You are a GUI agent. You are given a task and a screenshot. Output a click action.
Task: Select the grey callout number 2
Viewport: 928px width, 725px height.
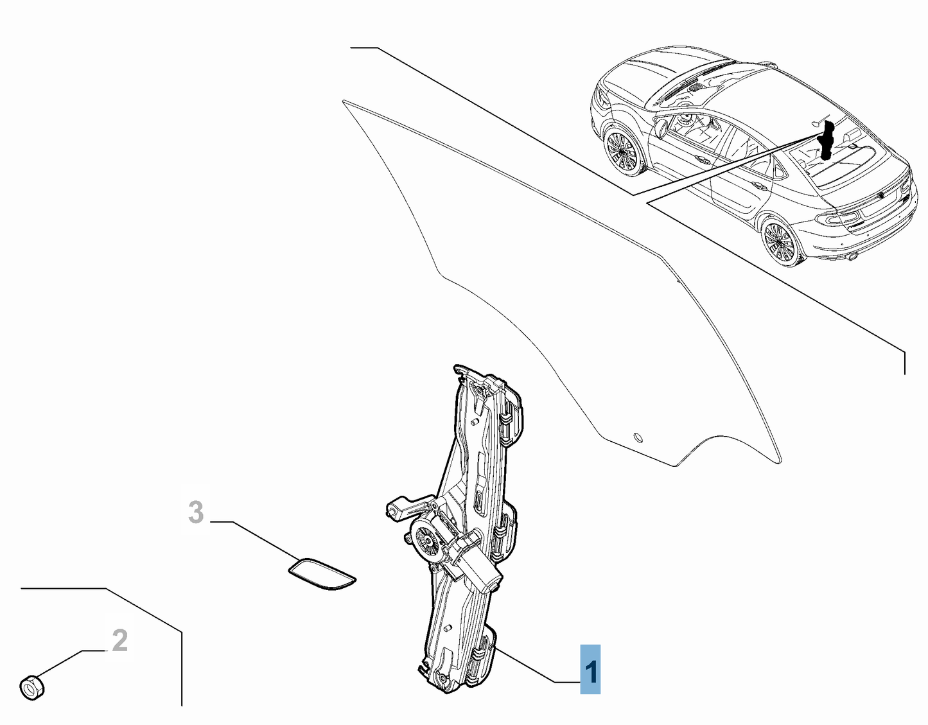(x=119, y=640)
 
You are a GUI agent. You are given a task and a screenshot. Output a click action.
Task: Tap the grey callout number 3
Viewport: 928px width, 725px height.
(x=196, y=512)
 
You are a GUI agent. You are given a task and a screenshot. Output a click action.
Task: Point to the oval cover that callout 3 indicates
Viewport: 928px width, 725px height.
(x=322, y=573)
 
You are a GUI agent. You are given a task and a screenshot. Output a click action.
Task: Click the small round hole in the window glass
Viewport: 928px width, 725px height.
(x=638, y=437)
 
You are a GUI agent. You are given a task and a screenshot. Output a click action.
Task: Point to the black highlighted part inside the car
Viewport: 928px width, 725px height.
(x=827, y=140)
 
